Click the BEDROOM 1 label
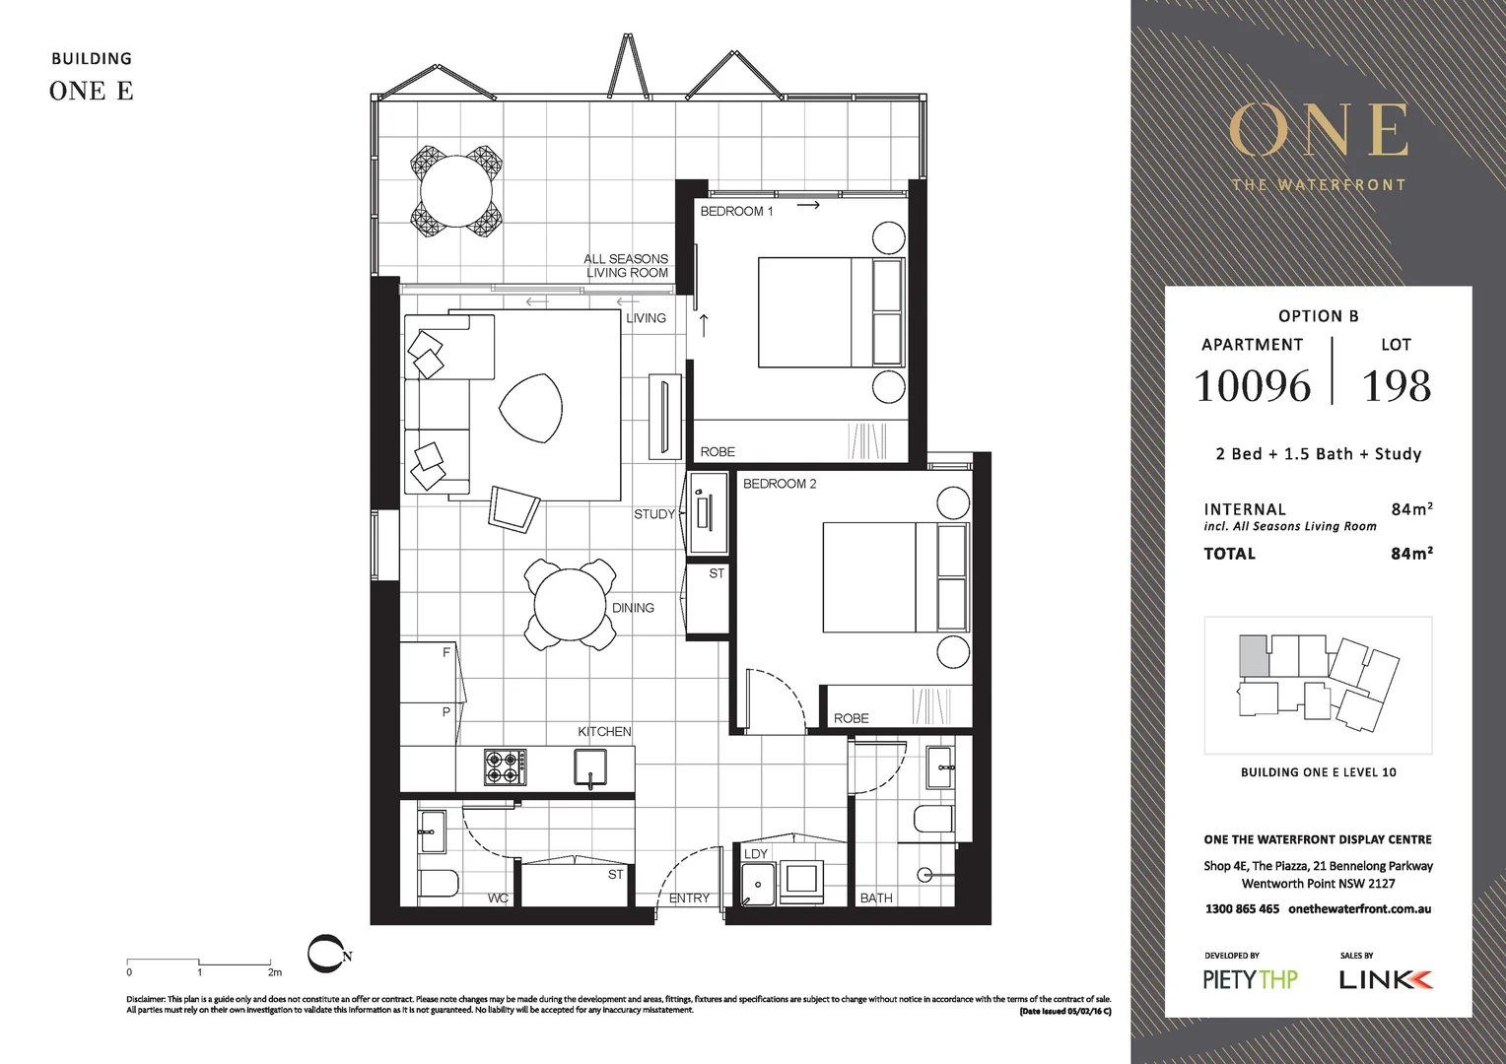[x=736, y=212]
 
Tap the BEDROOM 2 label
[x=779, y=484]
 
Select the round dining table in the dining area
[x=569, y=604]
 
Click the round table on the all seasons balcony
[x=456, y=191]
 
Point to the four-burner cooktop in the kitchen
[x=505, y=767]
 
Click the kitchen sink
[x=590, y=766]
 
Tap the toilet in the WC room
[x=437, y=884]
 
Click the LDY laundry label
[x=755, y=853]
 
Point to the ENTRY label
[x=689, y=898]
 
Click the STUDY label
[x=653, y=514]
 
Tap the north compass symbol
[x=326, y=954]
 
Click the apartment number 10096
[x=1252, y=386]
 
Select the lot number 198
[x=1396, y=386]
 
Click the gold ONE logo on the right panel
[x=1318, y=131]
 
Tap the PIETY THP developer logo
[x=1250, y=979]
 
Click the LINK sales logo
[x=1385, y=979]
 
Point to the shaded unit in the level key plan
[x=1253, y=655]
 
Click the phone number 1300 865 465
[x=1242, y=908]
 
